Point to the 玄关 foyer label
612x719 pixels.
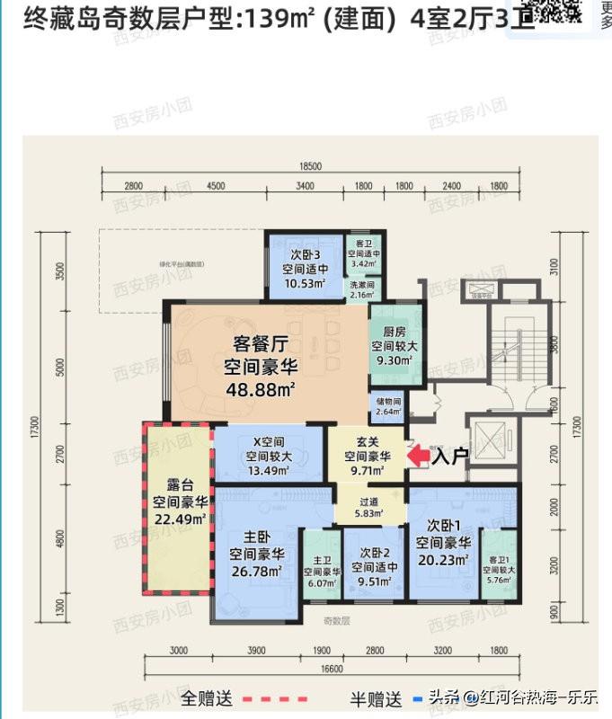point(367,441)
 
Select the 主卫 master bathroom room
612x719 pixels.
point(320,571)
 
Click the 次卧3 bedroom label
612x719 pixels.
point(306,254)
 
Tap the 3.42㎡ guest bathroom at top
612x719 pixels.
point(363,264)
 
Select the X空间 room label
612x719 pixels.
point(269,441)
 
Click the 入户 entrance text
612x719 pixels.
point(450,457)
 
